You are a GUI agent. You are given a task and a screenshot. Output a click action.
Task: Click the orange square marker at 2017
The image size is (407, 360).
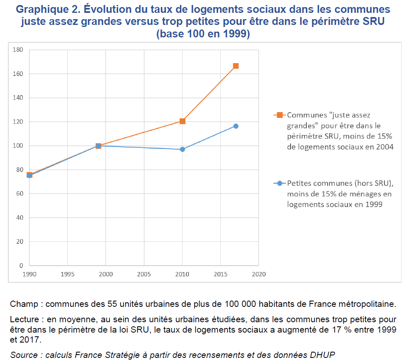(x=236, y=66)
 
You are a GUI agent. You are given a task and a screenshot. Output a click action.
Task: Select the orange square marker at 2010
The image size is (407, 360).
(x=182, y=121)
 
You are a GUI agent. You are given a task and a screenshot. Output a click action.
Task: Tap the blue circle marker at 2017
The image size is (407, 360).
(x=236, y=126)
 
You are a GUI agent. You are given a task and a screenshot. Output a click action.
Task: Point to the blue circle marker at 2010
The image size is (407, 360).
(x=182, y=149)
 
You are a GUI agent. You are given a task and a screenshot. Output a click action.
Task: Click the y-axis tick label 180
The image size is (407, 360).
(x=19, y=50)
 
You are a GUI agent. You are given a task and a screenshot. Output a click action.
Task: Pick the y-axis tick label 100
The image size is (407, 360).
(x=19, y=146)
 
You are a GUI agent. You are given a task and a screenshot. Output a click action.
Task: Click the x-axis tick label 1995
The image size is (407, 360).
(x=67, y=274)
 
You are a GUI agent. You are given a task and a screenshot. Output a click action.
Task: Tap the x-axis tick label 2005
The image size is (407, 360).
(x=144, y=274)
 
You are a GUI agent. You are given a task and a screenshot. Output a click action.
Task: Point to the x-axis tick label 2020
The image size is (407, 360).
(x=259, y=274)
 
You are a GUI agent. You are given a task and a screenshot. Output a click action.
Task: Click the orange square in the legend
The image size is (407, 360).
(x=280, y=115)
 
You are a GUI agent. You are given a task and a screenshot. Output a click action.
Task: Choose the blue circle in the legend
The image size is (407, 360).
(x=280, y=183)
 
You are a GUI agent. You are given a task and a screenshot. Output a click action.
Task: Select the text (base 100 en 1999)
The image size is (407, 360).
(x=203, y=34)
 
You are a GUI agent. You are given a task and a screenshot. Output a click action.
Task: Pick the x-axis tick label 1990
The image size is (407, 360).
(x=29, y=274)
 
